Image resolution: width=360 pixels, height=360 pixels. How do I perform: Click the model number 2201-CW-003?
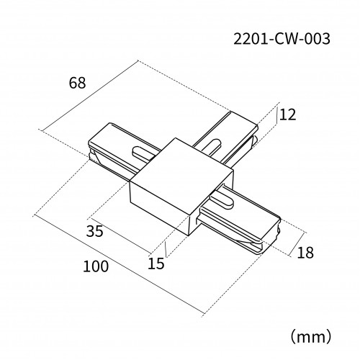pos(282,39)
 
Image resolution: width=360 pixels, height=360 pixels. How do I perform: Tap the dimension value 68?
pos(77,83)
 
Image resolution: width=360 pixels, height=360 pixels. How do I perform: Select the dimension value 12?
pos(288,114)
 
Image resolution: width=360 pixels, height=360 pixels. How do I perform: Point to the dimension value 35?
pos(95,231)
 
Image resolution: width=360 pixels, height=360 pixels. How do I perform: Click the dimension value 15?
pos(156,264)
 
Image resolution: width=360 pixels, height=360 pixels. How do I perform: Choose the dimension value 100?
pos(96,266)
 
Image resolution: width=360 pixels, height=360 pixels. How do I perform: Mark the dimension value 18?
pos(305,253)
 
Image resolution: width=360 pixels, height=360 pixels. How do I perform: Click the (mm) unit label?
pos(311,337)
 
